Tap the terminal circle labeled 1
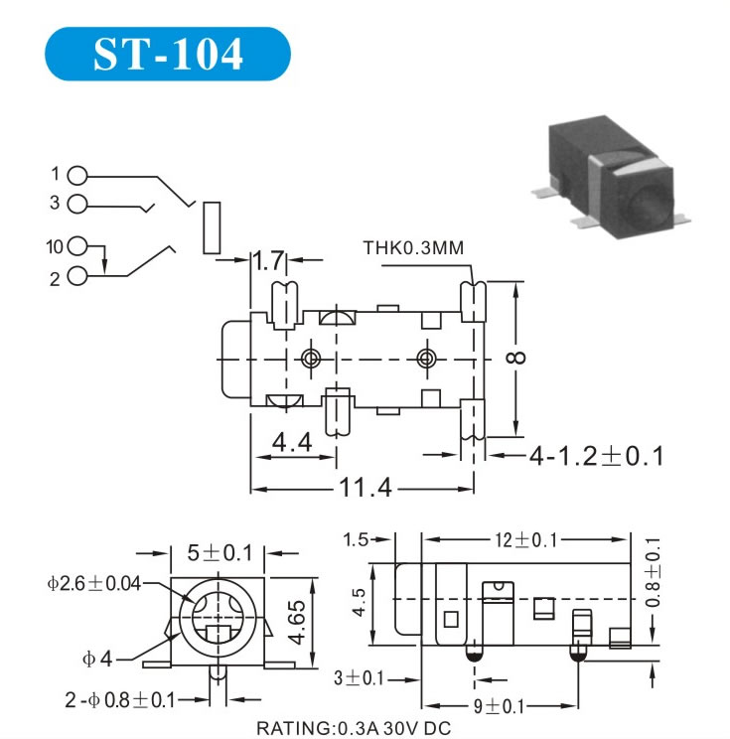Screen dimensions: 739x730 pos(79,175)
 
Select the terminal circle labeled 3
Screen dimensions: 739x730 pos(79,204)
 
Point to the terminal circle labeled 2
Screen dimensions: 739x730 pos(79,278)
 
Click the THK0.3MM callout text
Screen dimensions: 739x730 pos(413,247)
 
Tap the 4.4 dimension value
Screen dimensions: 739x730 pos(293,442)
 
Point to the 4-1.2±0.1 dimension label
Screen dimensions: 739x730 pos(595,456)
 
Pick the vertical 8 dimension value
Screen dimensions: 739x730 pos(544,358)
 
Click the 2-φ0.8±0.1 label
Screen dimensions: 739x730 pos(119,698)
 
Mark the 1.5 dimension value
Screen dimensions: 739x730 pos(357,539)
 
